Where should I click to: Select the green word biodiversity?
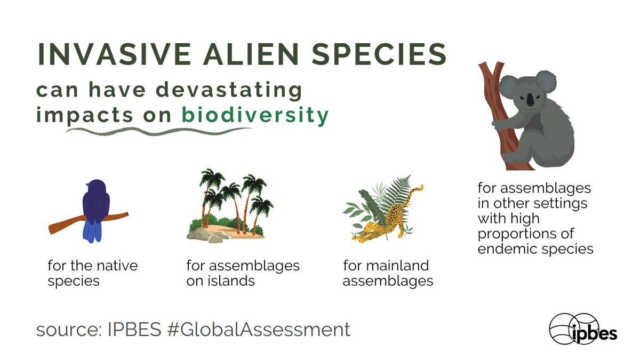coord(255,115)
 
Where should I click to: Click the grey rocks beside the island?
coord(205,234)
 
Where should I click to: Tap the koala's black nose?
coord(529,100)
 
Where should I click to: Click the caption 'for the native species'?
coord(92,273)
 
